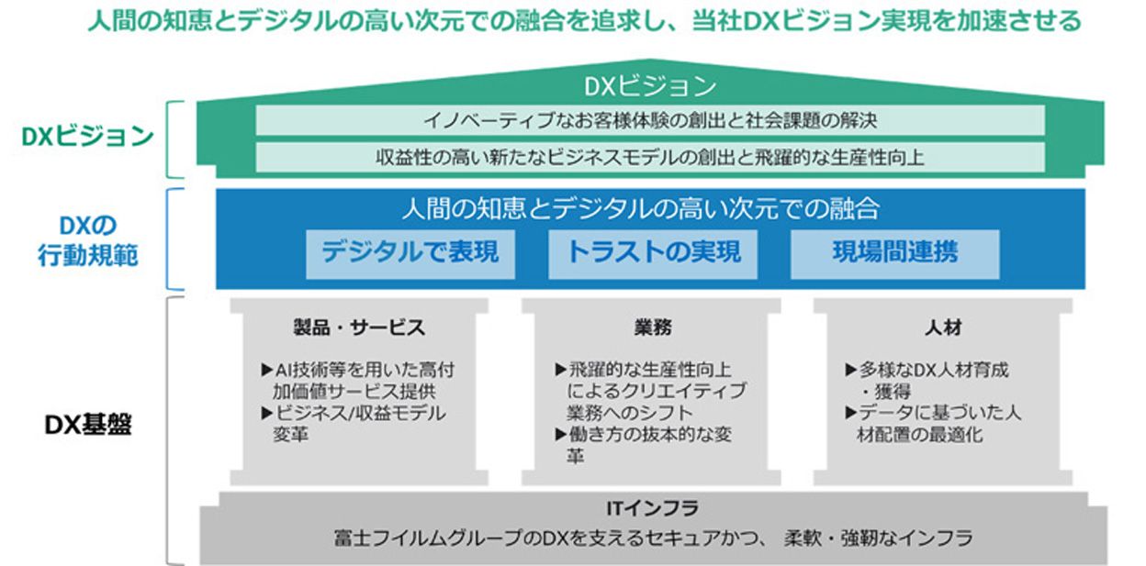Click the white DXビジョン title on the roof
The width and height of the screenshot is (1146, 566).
[x=650, y=86]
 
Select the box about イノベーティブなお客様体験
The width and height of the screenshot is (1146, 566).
[x=650, y=121]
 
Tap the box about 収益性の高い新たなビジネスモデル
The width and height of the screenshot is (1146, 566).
[x=650, y=158]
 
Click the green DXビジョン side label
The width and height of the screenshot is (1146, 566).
[x=87, y=137]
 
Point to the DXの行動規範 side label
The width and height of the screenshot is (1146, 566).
[x=88, y=240]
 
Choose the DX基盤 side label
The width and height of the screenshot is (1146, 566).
[x=88, y=425]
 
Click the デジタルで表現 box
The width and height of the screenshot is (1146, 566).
[x=410, y=254]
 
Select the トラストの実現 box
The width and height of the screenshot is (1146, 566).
[x=653, y=254]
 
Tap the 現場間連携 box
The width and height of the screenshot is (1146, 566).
[x=895, y=254]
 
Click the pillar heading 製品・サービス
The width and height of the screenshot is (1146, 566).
[x=359, y=327]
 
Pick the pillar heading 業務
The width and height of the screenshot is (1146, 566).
[x=653, y=327]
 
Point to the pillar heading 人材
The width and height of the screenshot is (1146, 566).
[x=943, y=327]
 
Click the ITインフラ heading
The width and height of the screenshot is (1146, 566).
[x=652, y=508]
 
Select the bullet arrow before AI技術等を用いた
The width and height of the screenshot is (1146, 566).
[x=266, y=370]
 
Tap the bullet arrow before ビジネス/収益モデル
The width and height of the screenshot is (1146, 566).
[x=266, y=413]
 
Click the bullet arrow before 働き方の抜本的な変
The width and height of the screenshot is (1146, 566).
[x=561, y=435]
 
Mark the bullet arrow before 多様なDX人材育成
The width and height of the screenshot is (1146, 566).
[x=851, y=370]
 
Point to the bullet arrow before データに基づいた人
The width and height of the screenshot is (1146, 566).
[x=851, y=413]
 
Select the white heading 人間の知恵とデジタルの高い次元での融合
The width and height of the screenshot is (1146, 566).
[x=641, y=208]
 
